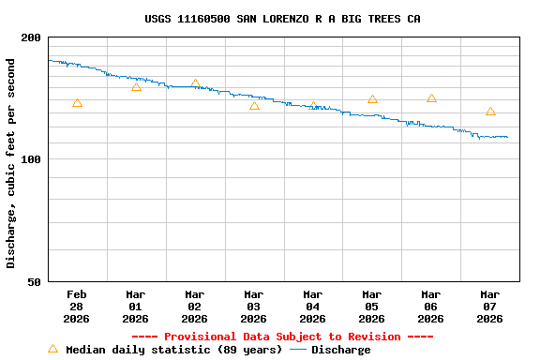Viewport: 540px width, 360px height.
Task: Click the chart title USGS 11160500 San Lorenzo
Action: (x=282, y=19)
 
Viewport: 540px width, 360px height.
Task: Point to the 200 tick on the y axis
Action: (x=31, y=37)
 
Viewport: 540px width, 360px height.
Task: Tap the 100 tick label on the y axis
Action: (x=31, y=159)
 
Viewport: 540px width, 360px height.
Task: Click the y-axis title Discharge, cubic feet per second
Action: (x=11, y=163)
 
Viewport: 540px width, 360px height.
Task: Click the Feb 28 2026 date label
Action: (x=77, y=307)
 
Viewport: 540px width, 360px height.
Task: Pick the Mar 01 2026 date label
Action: (x=136, y=307)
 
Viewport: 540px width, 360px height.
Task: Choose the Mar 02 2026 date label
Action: (x=195, y=307)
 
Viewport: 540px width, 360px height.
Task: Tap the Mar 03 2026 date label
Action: (x=254, y=307)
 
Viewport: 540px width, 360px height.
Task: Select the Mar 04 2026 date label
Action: (x=313, y=307)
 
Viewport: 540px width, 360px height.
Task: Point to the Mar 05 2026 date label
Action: (x=372, y=307)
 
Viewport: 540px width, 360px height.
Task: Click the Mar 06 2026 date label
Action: (x=431, y=307)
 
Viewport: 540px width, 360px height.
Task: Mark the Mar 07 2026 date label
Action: (x=490, y=307)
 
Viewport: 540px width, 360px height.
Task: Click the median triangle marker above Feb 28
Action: (x=77, y=103)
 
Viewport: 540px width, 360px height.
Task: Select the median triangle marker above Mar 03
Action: (x=254, y=106)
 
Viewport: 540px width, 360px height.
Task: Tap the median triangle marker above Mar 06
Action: (x=431, y=98)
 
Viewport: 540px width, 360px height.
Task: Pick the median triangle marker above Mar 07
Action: (x=490, y=112)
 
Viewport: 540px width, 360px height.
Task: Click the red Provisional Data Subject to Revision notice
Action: (x=282, y=337)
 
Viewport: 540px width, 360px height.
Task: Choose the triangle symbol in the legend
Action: (x=52, y=349)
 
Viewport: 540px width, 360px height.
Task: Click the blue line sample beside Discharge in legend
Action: (x=298, y=350)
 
